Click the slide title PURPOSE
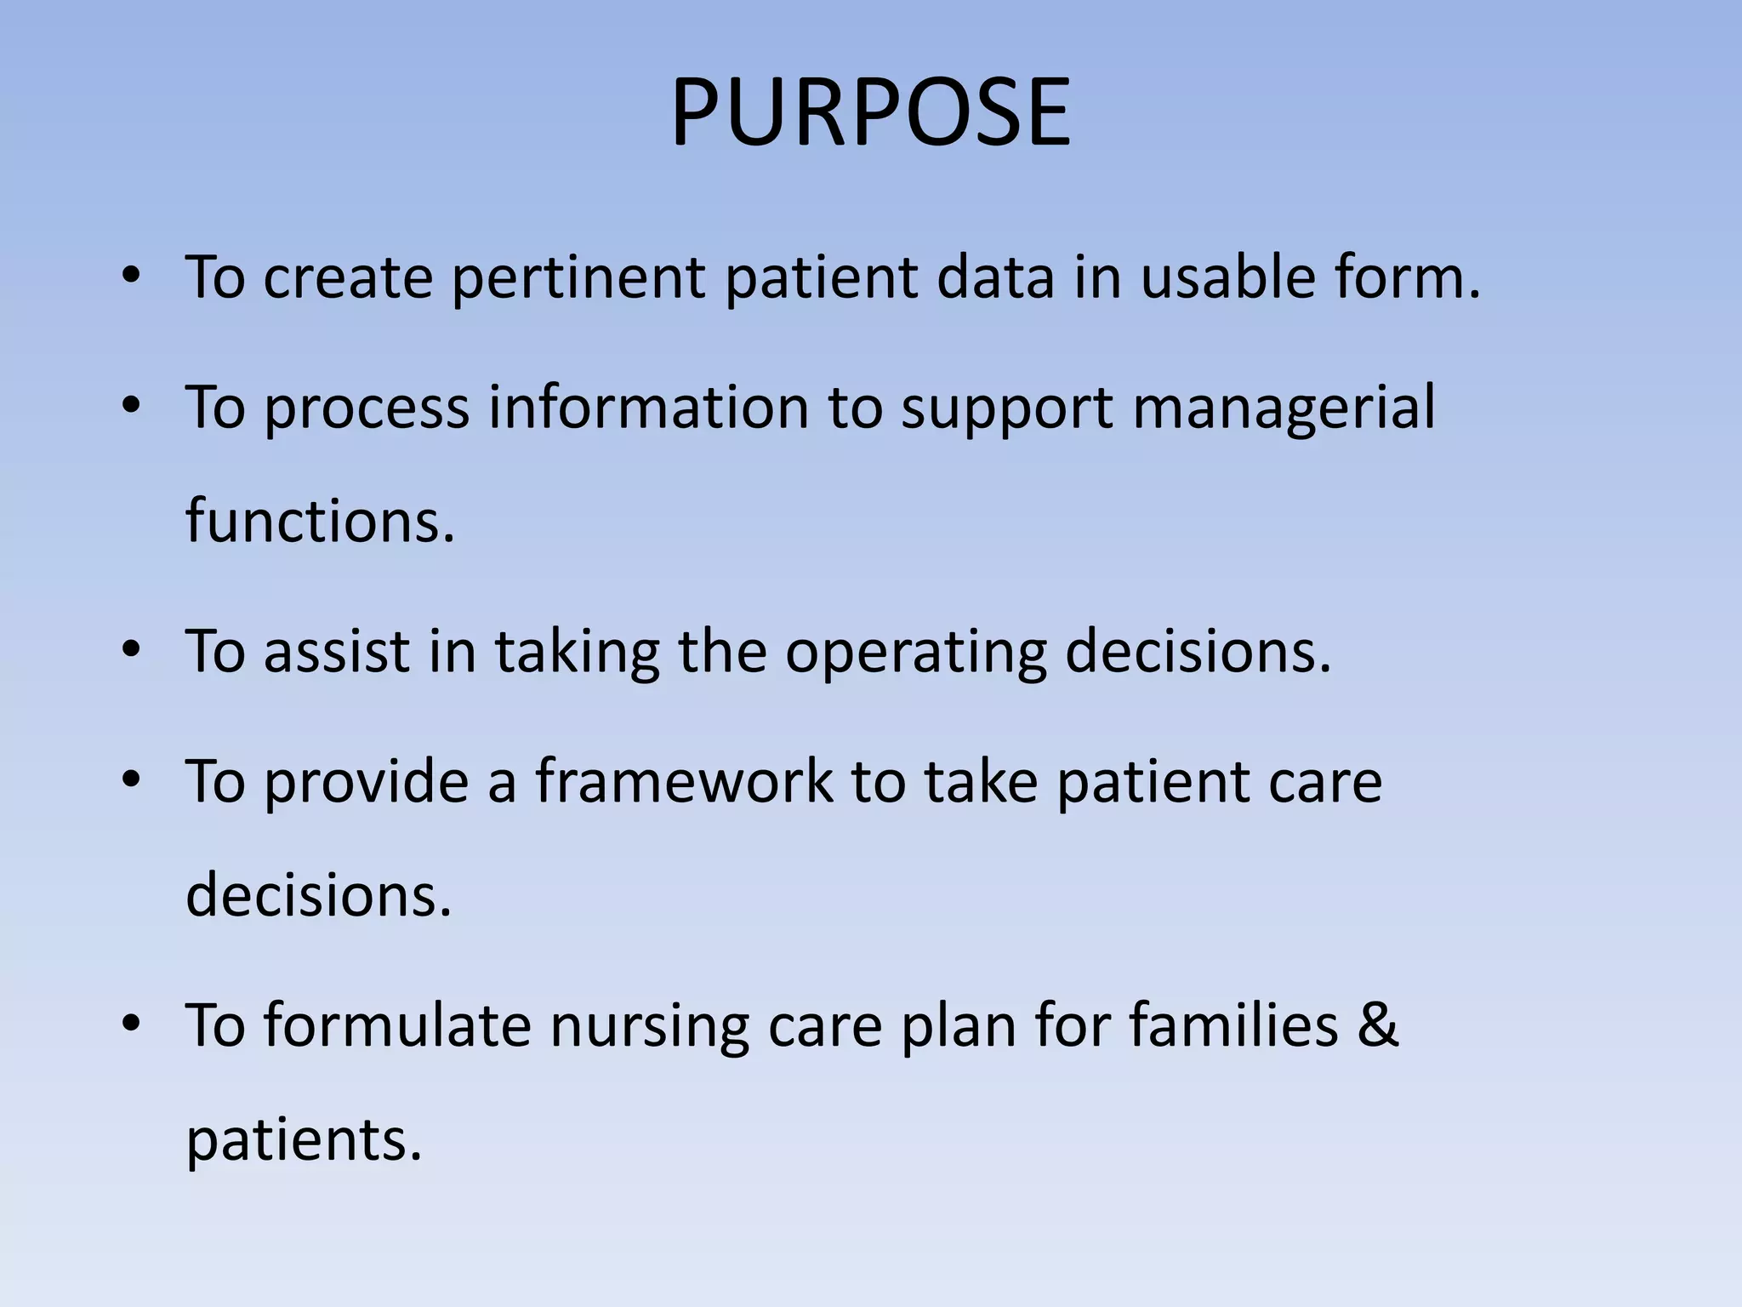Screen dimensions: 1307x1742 coord(870,113)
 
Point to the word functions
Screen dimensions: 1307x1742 coord(321,521)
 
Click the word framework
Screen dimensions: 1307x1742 coord(684,781)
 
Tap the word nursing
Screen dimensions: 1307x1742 coord(650,1026)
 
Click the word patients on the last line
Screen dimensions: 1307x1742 coord(304,1140)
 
